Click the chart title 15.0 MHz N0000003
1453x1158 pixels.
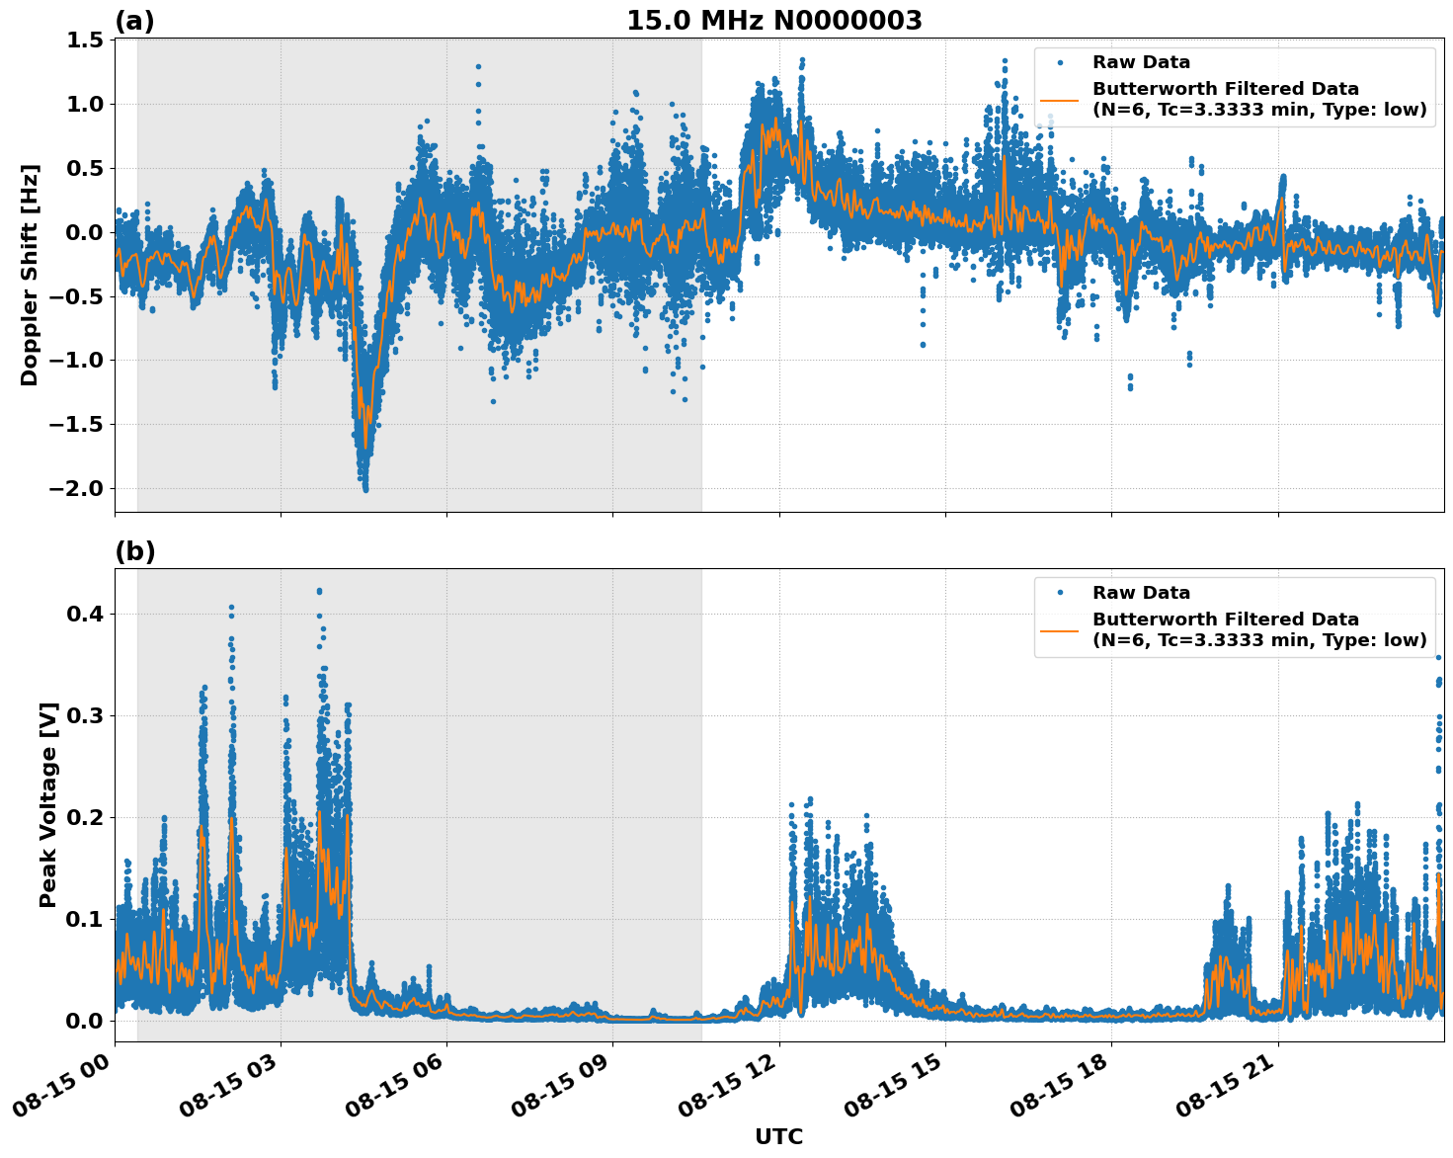773,21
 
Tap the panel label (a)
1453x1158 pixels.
134,21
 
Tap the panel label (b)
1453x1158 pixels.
134,551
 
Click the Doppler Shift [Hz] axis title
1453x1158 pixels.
30,275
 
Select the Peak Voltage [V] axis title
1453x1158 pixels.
48,804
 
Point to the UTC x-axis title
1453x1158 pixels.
778,1136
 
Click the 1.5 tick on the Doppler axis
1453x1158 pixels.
85,41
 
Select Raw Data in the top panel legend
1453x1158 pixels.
1141,62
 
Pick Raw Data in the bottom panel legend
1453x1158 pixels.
1141,593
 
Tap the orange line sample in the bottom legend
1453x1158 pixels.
1059,630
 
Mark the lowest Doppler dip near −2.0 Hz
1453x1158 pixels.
365,488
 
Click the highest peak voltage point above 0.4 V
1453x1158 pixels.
319,591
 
